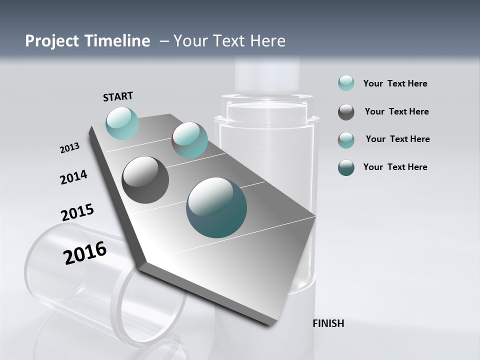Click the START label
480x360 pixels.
[118, 96]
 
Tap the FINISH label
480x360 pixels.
[328, 323]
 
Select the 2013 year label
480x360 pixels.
[69, 148]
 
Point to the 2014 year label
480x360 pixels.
[73, 177]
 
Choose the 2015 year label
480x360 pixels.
[77, 212]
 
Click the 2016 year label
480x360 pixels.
[85, 253]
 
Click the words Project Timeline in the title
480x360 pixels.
[87, 41]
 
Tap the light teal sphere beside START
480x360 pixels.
[122, 123]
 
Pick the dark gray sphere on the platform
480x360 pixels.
[145, 180]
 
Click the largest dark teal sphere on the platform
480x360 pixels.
[216, 207]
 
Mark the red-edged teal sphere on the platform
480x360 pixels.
[189, 140]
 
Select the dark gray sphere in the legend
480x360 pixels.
[346, 112]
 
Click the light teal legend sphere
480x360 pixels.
[346, 83]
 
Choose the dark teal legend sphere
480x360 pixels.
[346, 167]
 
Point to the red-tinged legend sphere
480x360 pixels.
[346, 140]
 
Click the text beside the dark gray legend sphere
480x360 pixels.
[396, 111]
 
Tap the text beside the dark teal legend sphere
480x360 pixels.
[395, 167]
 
